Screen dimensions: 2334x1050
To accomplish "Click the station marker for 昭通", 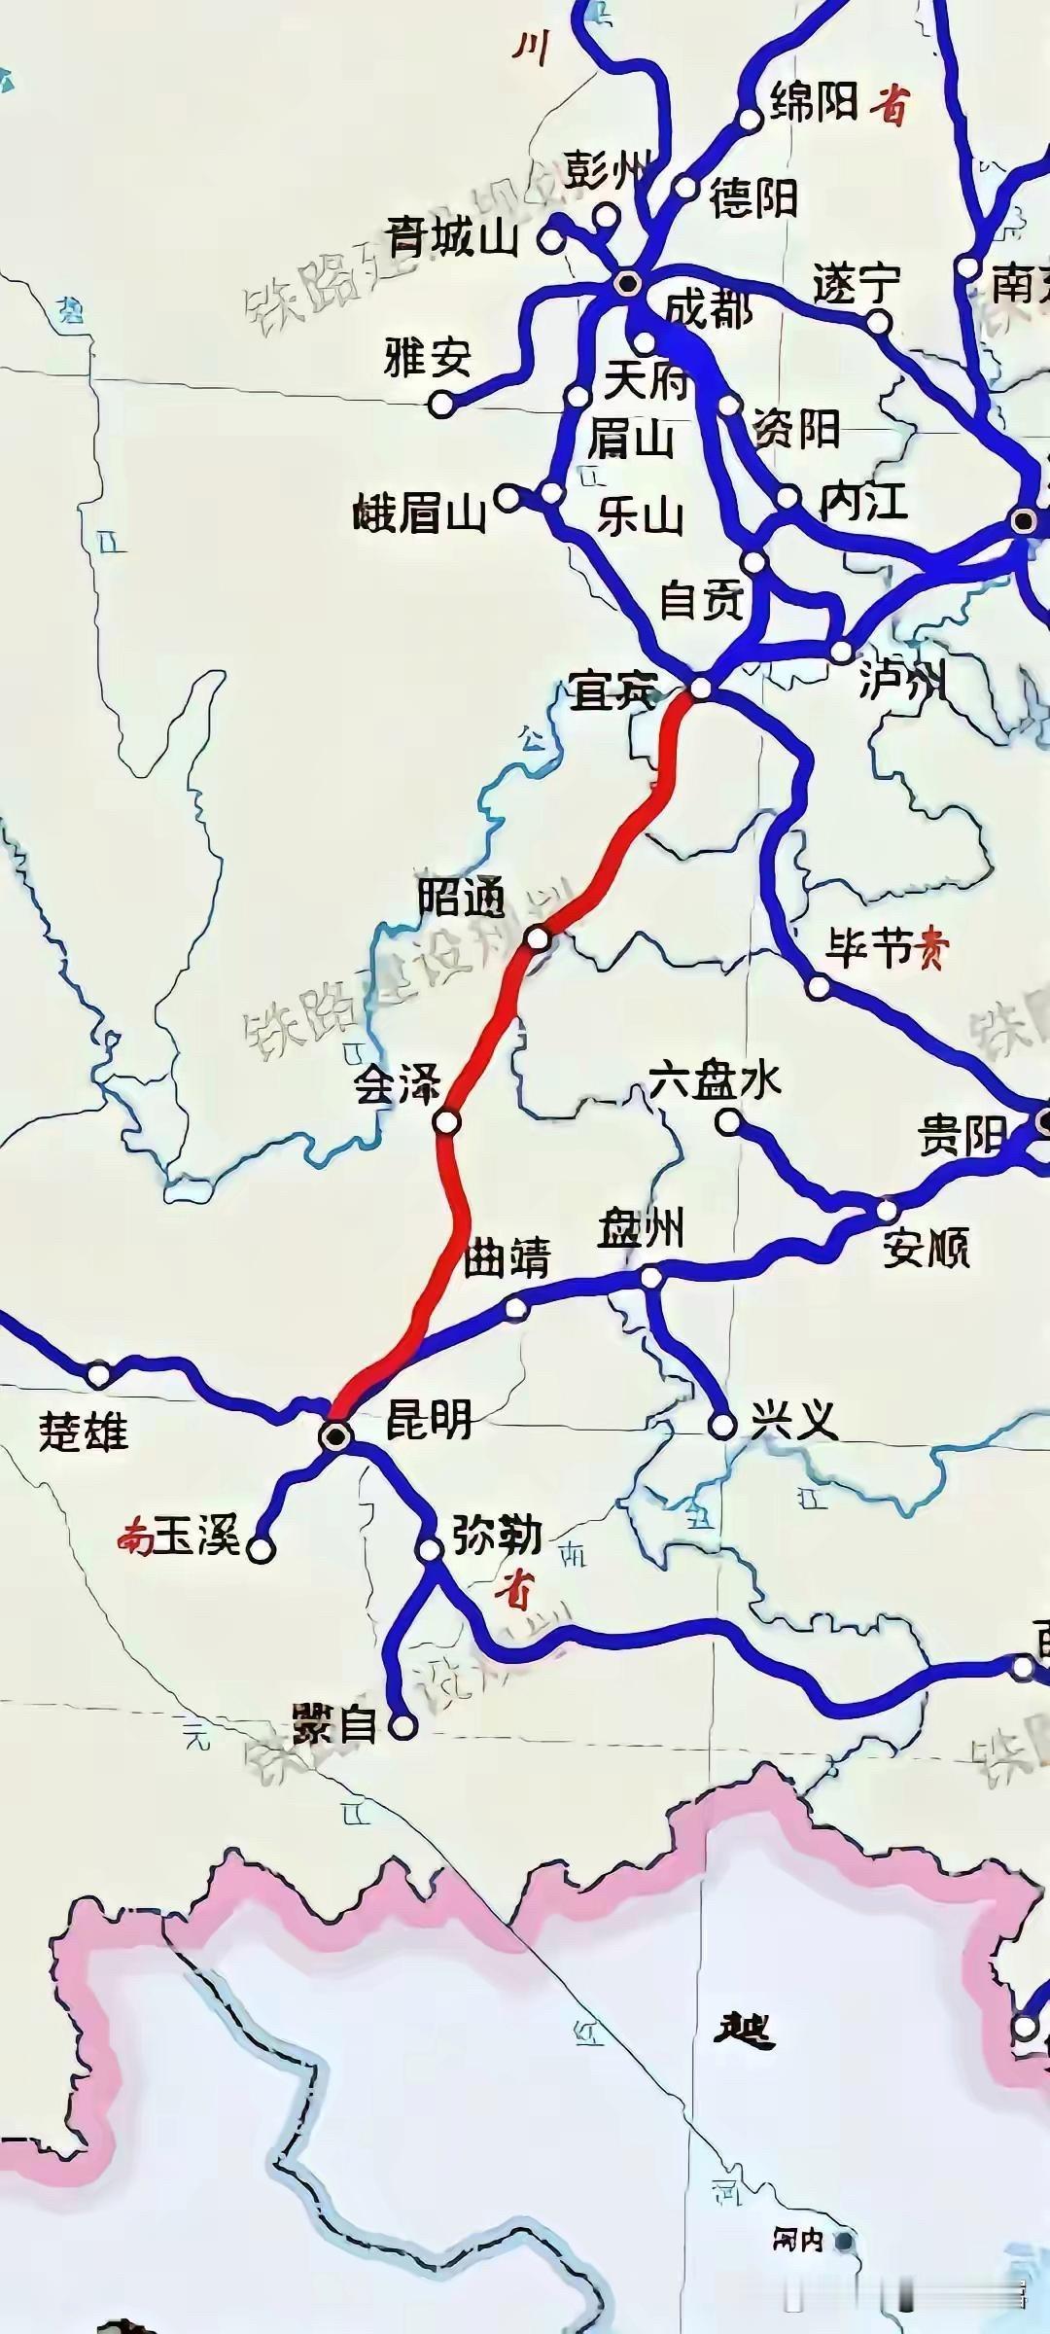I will [538, 938].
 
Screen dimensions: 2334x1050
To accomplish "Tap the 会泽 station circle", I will [446, 1122].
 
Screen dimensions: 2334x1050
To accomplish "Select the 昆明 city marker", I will [335, 1434].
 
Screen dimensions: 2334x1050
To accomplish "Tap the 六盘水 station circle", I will [727, 1122].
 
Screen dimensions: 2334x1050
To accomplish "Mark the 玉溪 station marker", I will [261, 1549].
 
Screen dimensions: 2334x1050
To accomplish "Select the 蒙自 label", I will [333, 1725].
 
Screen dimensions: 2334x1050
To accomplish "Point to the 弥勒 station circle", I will [430, 1549].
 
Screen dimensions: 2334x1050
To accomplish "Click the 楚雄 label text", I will [83, 1432].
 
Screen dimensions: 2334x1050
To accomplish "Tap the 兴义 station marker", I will [721, 1426].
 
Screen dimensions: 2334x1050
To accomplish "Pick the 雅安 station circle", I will [442, 404].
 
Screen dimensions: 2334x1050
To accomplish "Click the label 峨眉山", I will [419, 512].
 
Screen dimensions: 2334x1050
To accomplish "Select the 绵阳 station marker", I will [750, 119].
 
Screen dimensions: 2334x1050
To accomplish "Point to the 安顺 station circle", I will [887, 1211].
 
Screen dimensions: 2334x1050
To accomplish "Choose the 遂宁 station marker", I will [878, 322].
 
